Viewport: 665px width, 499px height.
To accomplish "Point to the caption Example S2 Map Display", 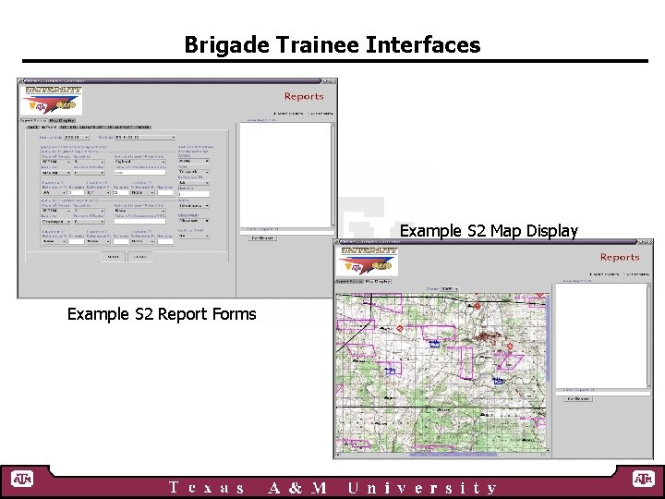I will coord(489,230).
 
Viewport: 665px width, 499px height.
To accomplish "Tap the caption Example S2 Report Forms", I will coord(162,314).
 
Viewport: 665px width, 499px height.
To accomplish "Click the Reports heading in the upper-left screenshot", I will coord(304,96).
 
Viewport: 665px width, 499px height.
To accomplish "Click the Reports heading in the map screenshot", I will coord(619,257).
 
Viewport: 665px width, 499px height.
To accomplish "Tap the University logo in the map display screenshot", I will coord(368,259).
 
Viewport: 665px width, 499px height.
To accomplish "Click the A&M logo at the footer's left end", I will coord(21,480).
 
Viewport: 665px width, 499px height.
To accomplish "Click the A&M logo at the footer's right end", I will coord(643,480).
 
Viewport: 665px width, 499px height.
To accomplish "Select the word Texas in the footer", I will coord(207,488).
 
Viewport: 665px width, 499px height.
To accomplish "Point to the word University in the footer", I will coord(422,488).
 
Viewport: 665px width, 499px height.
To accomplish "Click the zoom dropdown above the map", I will coord(450,288).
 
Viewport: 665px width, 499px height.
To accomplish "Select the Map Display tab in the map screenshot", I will coord(377,280).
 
